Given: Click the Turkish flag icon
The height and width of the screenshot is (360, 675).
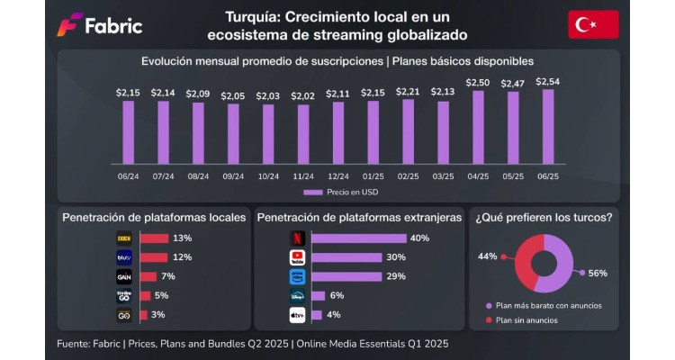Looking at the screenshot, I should pyautogui.click(x=593, y=24).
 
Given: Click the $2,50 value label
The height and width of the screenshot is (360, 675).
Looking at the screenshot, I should pyautogui.click(x=478, y=82).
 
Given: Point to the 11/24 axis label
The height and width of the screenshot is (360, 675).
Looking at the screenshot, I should pyautogui.click(x=303, y=176).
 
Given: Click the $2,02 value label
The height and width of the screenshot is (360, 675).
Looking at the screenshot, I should pyautogui.click(x=303, y=96).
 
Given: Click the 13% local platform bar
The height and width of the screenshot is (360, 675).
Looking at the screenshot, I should pyautogui.click(x=155, y=238).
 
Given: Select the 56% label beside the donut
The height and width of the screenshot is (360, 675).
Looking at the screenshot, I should pyautogui.click(x=598, y=273).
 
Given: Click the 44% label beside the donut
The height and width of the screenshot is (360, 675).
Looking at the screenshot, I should pyautogui.click(x=488, y=256).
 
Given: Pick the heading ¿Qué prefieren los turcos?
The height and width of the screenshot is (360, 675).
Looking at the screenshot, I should pyautogui.click(x=544, y=217).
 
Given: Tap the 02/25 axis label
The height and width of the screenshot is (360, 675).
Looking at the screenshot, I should pyautogui.click(x=408, y=176).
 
